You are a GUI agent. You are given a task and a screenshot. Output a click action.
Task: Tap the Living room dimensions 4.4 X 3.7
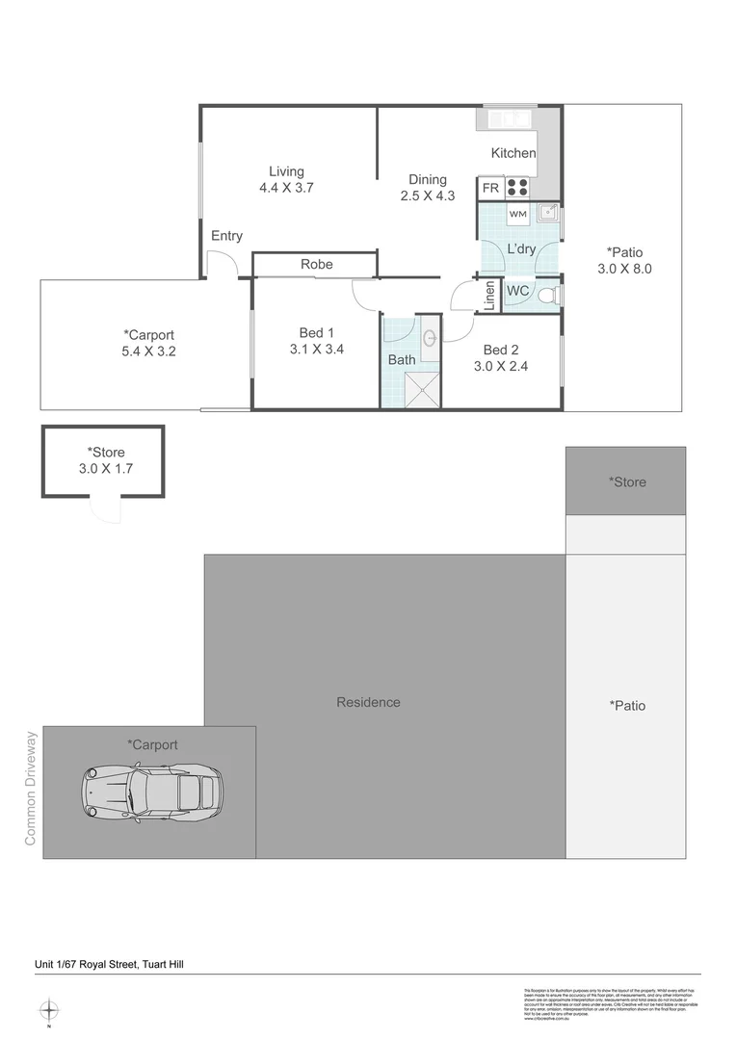287,189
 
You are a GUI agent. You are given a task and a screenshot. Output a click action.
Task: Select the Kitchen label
513,153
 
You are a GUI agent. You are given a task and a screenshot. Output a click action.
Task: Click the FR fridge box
490,188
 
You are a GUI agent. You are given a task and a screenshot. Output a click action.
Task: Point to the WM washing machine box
517,213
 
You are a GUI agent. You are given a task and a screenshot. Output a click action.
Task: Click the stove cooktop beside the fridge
518,188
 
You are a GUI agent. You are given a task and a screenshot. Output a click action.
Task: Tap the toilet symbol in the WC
549,292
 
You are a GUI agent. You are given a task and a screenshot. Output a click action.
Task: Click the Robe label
316,264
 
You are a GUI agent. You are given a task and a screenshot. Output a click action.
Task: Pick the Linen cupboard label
490,296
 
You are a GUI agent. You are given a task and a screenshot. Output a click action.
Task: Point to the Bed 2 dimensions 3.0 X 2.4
500,366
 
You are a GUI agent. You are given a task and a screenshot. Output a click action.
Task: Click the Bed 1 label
317,333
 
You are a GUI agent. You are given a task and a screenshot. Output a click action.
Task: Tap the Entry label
226,236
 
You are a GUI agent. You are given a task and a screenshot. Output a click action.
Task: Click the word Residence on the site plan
368,702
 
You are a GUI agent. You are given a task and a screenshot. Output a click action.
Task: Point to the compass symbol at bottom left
49,1010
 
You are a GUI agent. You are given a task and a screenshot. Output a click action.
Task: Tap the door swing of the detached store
102,508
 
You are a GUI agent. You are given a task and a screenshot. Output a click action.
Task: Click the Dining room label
428,179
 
